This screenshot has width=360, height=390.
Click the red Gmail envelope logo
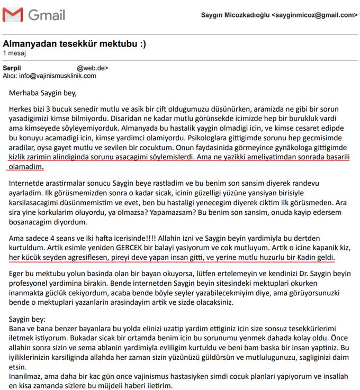(13, 15)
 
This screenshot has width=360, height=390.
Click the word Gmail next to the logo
(47, 15)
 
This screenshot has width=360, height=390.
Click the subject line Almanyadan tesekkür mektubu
(74, 43)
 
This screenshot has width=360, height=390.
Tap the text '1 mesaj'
(14, 53)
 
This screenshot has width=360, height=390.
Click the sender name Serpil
(12, 68)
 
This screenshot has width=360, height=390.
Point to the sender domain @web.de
(93, 68)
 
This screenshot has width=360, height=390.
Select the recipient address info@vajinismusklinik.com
(58, 76)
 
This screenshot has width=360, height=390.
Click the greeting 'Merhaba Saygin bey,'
(43, 94)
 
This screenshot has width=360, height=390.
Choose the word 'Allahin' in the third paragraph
(176, 238)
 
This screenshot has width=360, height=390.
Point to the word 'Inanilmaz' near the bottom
(26, 376)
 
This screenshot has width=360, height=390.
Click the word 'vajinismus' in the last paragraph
(161, 376)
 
